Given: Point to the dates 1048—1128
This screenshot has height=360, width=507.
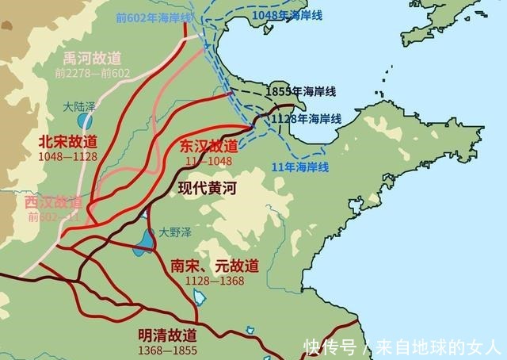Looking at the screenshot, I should point(67,156).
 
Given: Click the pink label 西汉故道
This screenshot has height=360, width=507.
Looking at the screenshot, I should point(53,202).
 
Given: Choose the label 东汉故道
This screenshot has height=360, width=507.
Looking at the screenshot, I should point(208,146).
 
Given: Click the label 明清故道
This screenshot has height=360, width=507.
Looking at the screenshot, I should point(167,334).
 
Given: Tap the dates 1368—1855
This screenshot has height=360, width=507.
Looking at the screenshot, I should point(167,347).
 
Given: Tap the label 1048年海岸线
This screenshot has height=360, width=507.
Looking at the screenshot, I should point(281,16).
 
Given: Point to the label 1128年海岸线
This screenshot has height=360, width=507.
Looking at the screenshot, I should point(306,118).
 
